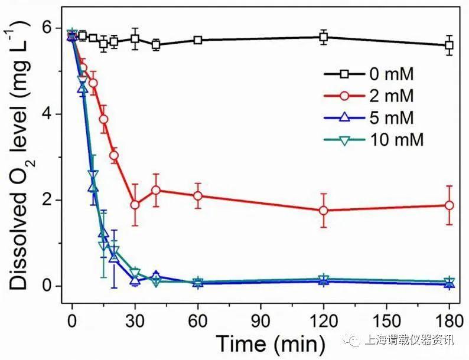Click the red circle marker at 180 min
tap(450, 205)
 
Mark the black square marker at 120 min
tap(324, 37)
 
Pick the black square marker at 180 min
tap(450, 45)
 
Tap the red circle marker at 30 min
tap(135, 205)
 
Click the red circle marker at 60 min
tap(198, 196)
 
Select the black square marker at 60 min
tap(198, 40)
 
